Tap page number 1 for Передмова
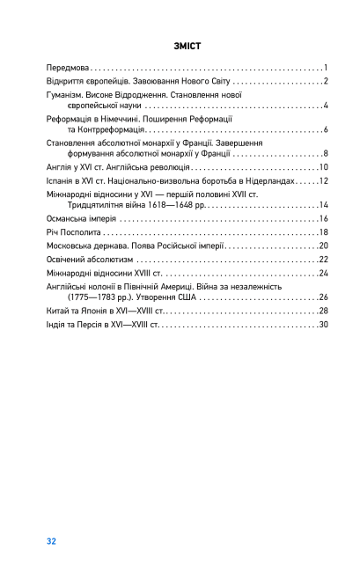tap(325, 68)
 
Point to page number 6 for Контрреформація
tap(325, 130)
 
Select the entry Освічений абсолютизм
tap(88, 260)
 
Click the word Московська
tap(73, 246)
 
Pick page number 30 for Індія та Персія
tap(322, 325)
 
